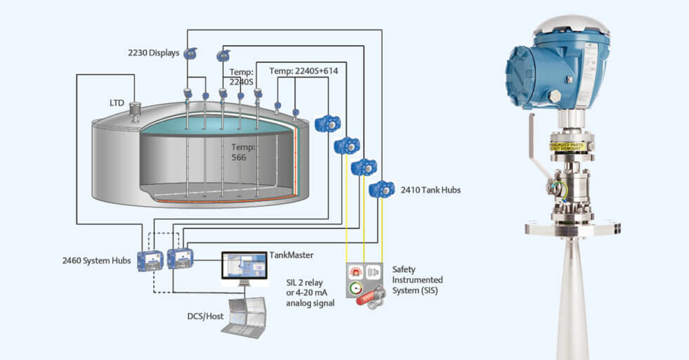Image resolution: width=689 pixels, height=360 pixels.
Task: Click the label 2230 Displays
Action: click(153, 52)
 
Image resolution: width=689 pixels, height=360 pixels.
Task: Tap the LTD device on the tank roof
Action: click(136, 112)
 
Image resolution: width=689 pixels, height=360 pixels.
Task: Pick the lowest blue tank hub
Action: click(382, 189)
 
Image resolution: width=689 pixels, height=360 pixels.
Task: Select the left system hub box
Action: click(150, 260)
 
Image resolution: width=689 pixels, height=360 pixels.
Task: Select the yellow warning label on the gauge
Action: click(572, 147)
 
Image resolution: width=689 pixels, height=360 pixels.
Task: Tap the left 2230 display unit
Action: click(190, 53)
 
